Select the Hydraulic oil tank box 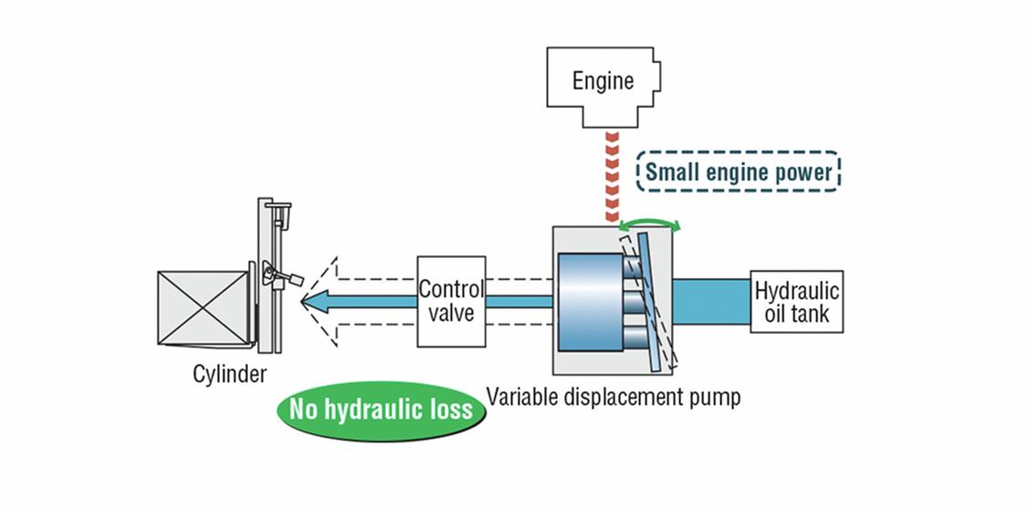tap(796, 302)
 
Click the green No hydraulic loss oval tap(381, 408)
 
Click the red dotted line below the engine tap(611, 179)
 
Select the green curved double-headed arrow tap(650, 224)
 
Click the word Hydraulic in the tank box tap(796, 292)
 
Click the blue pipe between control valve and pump tap(518, 302)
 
